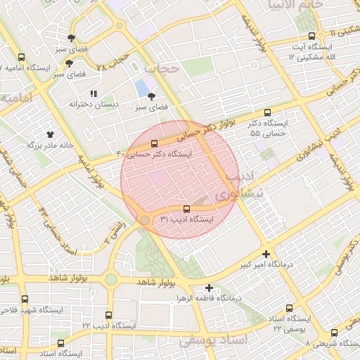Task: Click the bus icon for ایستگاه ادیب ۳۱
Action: click(x=186, y=209)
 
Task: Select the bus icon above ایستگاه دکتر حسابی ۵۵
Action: click(x=266, y=112)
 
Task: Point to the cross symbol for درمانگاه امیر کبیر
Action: click(x=266, y=254)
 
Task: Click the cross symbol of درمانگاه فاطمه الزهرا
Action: click(x=209, y=287)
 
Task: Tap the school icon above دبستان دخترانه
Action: click(x=93, y=94)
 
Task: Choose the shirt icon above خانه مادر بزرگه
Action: click(x=50, y=134)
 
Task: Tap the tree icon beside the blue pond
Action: click(x=152, y=96)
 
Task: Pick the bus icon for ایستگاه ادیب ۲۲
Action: click(x=108, y=315)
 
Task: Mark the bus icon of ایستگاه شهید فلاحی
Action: click(x=25, y=299)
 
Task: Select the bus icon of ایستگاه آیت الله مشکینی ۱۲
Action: click(x=310, y=36)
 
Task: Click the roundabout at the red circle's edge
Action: click(x=144, y=220)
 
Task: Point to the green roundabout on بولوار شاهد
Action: click(x=110, y=279)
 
